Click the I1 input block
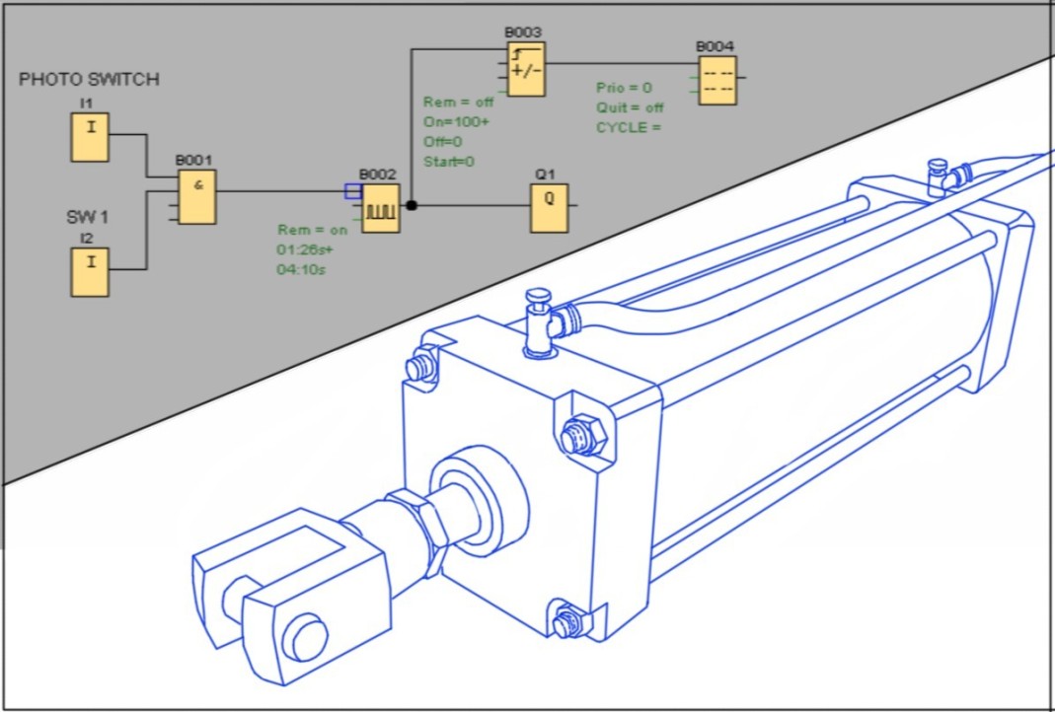click(89, 137)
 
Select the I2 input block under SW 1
click(89, 273)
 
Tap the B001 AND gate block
click(197, 196)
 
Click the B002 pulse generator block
click(380, 207)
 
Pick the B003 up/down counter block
click(526, 69)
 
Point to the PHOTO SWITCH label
click(89, 80)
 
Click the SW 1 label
click(88, 216)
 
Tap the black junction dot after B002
click(413, 206)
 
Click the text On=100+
click(456, 122)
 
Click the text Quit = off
click(630, 107)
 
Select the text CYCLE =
click(628, 127)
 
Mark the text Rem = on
click(312, 230)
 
